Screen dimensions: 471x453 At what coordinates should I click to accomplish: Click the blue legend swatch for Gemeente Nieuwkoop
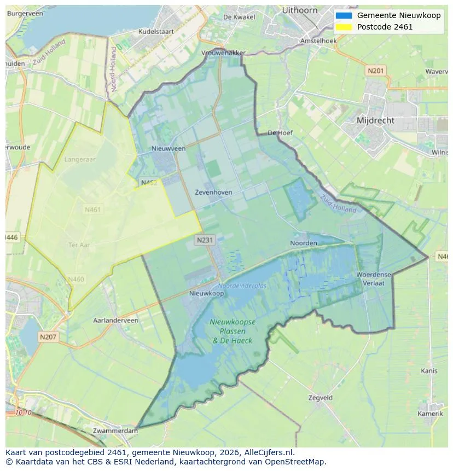[344, 15]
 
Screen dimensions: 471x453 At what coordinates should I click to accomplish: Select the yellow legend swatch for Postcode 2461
[344, 27]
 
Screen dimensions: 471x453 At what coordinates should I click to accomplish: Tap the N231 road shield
[205, 240]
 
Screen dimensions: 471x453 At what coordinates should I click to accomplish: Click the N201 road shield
[376, 71]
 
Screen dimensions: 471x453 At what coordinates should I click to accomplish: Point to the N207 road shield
[48, 337]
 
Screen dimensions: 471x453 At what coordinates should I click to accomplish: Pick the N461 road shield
[92, 210]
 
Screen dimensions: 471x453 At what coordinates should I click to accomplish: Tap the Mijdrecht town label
[375, 120]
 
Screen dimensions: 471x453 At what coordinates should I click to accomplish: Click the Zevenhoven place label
[213, 193]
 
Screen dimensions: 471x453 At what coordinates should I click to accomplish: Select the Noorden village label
[303, 243]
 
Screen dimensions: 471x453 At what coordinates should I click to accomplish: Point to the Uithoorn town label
[300, 10]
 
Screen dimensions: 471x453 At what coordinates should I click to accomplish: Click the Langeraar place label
[80, 160]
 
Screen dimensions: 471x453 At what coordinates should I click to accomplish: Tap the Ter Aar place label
[79, 245]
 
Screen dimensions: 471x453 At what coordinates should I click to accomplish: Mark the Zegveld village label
[320, 398]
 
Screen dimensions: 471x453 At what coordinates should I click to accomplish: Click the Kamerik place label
[430, 414]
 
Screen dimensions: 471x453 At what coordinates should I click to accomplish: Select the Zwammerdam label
[115, 431]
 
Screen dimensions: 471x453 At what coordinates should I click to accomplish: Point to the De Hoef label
[280, 133]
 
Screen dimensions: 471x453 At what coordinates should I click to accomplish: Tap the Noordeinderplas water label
[242, 286]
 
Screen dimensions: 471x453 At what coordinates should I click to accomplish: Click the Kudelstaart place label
[156, 32]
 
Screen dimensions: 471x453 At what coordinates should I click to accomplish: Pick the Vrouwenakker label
[223, 53]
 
